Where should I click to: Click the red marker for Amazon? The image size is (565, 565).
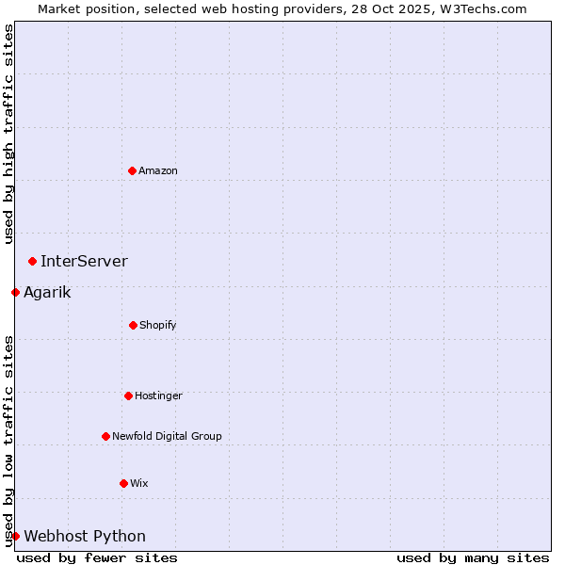point(132,170)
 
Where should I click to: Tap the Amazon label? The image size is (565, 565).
point(158,170)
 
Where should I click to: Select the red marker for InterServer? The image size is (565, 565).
point(32,261)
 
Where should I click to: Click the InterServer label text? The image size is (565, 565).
point(84,261)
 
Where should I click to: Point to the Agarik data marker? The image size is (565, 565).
point(15,292)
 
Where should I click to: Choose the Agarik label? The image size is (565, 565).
point(47,292)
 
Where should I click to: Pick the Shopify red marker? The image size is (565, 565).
point(133,325)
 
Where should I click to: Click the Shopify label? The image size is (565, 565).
point(158,325)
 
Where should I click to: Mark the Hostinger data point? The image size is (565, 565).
point(128,395)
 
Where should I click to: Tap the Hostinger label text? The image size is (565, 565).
point(158,395)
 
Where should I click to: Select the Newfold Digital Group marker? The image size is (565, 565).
point(105,436)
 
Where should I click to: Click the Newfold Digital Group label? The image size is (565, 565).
point(167,436)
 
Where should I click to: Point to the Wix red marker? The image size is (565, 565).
point(123,483)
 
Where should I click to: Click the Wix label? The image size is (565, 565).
point(139,483)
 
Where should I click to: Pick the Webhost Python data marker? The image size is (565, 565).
point(15,536)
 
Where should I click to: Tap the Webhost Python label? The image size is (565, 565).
point(85,536)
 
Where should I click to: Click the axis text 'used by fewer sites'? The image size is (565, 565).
point(97,557)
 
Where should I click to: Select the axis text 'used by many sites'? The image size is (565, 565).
point(473,557)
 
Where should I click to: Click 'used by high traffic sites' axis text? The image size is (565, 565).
point(8,134)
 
